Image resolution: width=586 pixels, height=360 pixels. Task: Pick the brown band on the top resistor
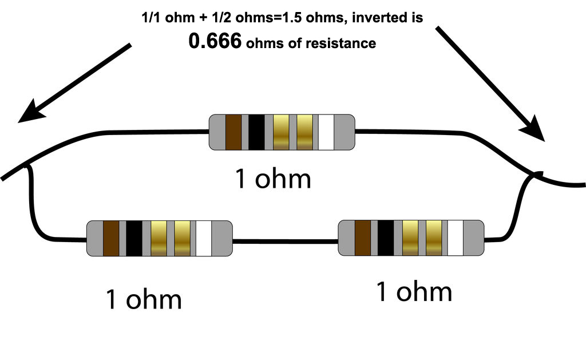(x=233, y=132)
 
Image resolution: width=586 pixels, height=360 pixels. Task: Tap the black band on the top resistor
(x=256, y=132)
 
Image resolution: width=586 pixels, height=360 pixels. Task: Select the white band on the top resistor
(x=326, y=132)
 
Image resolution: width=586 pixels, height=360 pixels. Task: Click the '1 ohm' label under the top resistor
(x=274, y=179)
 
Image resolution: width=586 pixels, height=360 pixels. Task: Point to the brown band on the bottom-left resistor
(x=111, y=238)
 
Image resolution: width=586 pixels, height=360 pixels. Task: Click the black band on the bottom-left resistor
(x=134, y=238)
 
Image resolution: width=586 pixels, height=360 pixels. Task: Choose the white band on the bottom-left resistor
(x=204, y=238)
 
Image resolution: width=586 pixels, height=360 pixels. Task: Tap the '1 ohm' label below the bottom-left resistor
(x=144, y=299)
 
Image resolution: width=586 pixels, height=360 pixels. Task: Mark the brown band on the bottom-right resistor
(x=363, y=238)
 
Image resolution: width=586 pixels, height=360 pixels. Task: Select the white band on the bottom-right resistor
(x=456, y=238)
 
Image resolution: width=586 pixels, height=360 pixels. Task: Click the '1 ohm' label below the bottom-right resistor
(x=414, y=292)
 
